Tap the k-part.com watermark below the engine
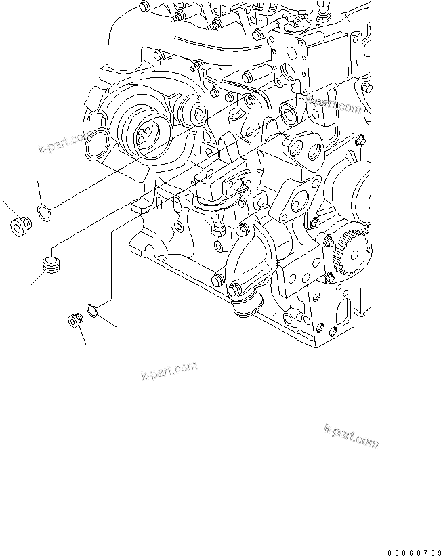coord(169,371)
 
